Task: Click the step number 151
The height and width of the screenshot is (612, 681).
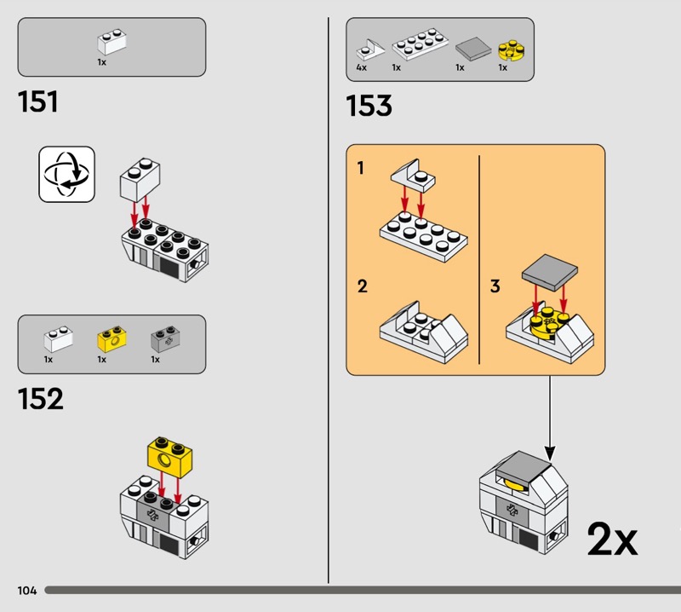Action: coord(37,101)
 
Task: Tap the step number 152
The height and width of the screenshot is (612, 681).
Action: coord(40,399)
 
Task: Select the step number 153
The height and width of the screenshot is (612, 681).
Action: coord(369,106)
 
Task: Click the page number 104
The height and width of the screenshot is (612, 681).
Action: coord(27,590)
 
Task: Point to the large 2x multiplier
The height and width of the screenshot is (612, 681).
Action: coord(612,539)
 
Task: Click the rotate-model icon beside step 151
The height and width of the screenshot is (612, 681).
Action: coord(66,174)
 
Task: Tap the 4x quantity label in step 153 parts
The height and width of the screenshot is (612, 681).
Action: coord(361,67)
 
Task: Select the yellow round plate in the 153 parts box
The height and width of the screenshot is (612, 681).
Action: coord(512,49)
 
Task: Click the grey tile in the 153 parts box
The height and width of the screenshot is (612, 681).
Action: coord(473,48)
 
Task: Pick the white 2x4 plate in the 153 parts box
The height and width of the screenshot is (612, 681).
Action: coord(421,44)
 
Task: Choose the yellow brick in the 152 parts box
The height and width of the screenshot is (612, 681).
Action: coord(112,339)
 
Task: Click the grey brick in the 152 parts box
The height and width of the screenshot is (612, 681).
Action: coord(165,339)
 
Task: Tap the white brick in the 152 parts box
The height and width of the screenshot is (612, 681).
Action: coord(58,339)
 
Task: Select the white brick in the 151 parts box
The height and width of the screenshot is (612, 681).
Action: coord(112,42)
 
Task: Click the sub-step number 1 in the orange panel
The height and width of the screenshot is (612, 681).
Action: coord(360,168)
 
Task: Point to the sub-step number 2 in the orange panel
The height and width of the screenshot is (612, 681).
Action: coord(363,286)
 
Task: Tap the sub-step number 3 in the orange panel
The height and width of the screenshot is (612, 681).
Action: coord(495,286)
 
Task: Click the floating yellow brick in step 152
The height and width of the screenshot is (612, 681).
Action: coord(169,456)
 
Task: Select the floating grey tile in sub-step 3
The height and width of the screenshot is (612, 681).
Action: coord(550,273)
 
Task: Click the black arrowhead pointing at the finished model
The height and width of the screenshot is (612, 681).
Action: coord(550,453)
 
